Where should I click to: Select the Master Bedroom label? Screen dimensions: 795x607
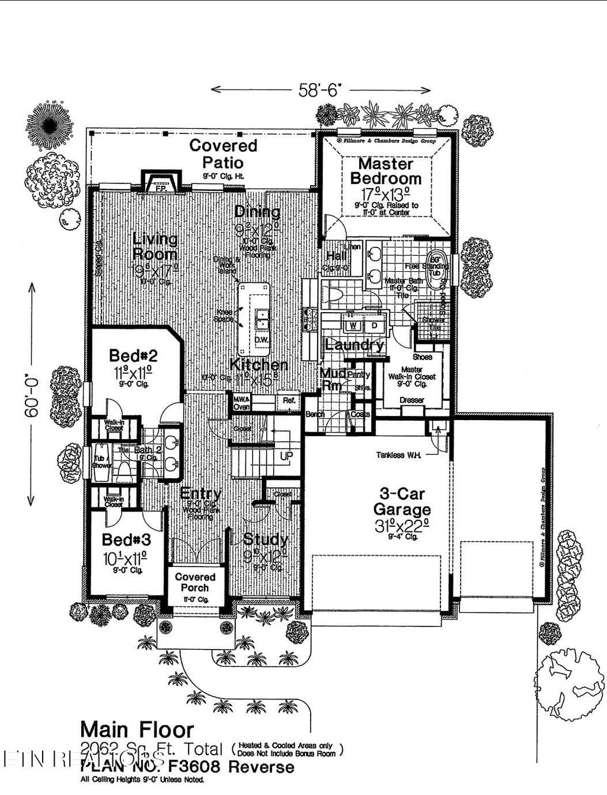click(x=385, y=171)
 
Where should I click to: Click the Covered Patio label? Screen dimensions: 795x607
click(x=223, y=154)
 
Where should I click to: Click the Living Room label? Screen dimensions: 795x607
click(x=155, y=247)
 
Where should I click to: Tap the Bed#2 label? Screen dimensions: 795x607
click(x=133, y=356)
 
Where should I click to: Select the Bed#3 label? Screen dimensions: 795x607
click(x=126, y=540)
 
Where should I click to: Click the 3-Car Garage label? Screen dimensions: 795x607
click(x=402, y=501)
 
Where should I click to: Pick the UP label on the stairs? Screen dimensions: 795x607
click(x=286, y=457)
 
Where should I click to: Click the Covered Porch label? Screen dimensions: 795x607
click(x=195, y=582)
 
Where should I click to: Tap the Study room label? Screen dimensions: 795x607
click(x=266, y=540)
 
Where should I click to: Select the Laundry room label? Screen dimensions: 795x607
click(x=354, y=345)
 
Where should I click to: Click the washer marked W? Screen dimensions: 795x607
click(x=352, y=326)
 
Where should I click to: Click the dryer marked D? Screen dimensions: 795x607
click(x=374, y=326)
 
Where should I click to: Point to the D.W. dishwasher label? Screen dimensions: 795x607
click(x=261, y=340)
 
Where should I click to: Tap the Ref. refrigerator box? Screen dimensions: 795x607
click(x=289, y=401)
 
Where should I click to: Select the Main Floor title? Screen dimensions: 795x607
click(x=137, y=729)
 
